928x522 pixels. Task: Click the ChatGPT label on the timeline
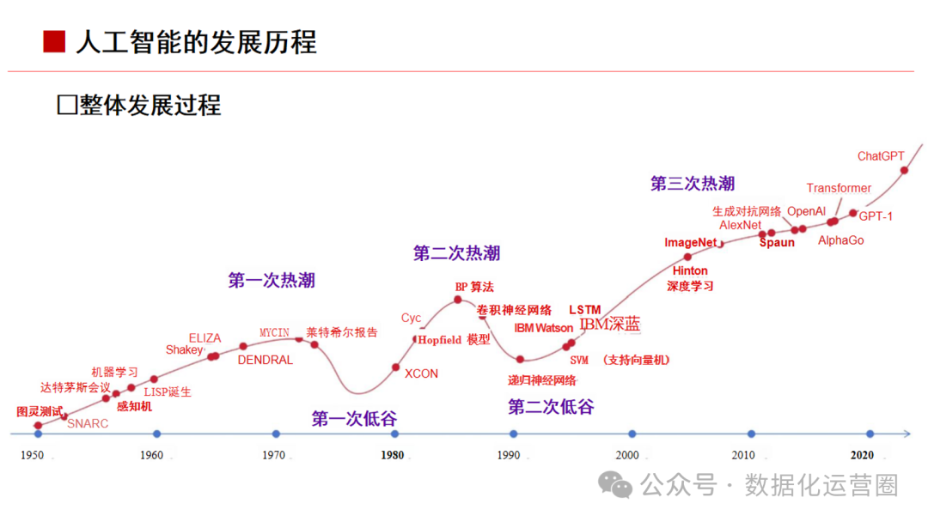pyautogui.click(x=881, y=156)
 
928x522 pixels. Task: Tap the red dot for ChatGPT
pyautogui.click(x=904, y=170)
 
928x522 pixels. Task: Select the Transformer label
pyautogui.click(x=839, y=188)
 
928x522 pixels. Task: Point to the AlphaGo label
pyautogui.click(x=840, y=240)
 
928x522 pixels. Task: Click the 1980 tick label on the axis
pyautogui.click(x=393, y=455)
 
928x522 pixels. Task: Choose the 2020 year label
pyautogui.click(x=862, y=455)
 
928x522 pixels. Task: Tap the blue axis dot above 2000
pyautogui.click(x=632, y=434)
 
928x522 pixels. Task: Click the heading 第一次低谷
pyautogui.click(x=354, y=419)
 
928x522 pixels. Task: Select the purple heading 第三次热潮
pyautogui.click(x=693, y=183)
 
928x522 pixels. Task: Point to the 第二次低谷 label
pyautogui.click(x=551, y=407)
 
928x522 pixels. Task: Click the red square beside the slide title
pyautogui.click(x=54, y=42)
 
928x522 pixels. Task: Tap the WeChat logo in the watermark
pyautogui.click(x=615, y=485)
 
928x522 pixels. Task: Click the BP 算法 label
pyautogui.click(x=474, y=287)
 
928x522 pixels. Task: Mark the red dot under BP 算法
pyautogui.click(x=457, y=300)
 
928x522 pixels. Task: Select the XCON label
pyautogui.click(x=421, y=373)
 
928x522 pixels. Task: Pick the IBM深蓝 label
pyautogui.click(x=609, y=324)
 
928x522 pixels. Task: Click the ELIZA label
pyautogui.click(x=205, y=338)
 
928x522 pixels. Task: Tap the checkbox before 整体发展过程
pyautogui.click(x=67, y=106)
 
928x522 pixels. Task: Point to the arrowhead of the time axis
pyautogui.click(x=907, y=434)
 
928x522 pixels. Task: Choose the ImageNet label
pyautogui.click(x=690, y=242)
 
